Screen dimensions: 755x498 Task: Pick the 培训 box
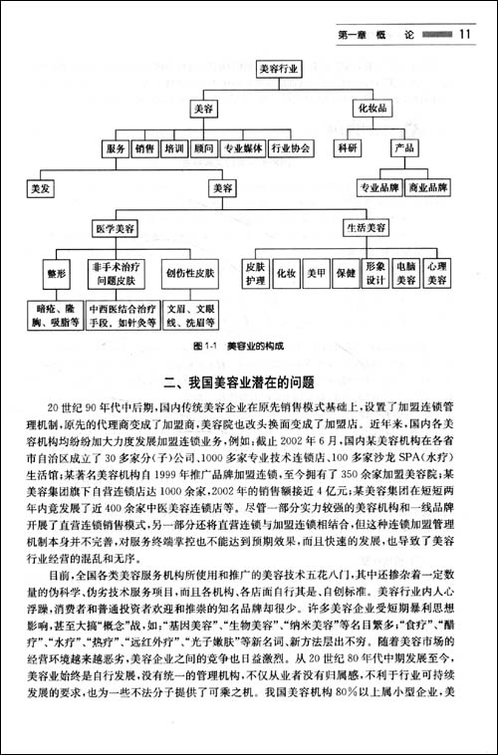174,148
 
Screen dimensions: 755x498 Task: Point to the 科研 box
348,148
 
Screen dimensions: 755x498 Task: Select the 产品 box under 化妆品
403,148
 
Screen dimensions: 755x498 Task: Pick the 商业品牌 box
431,187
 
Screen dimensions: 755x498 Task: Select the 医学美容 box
117,228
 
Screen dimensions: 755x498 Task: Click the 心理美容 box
435,273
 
